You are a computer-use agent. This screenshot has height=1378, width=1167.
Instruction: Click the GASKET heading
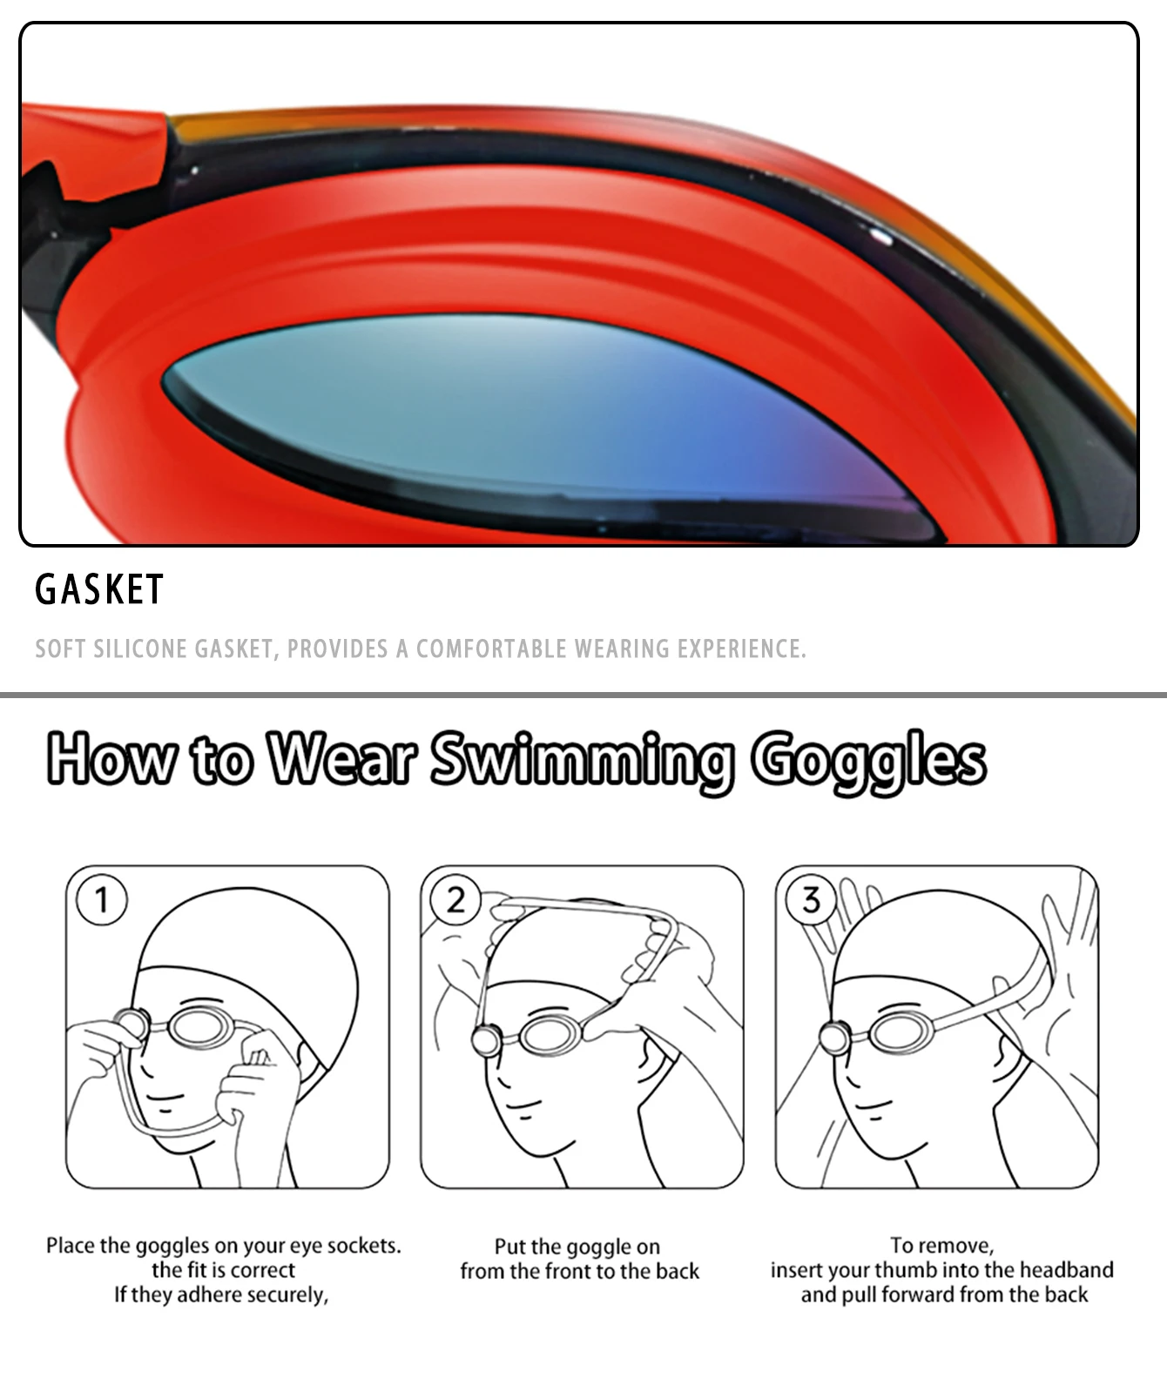(x=99, y=589)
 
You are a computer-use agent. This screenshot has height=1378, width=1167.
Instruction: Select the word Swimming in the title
(x=580, y=759)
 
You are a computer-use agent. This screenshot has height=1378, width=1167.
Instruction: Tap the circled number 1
(x=102, y=899)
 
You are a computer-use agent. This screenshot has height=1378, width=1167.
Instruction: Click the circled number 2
(x=456, y=899)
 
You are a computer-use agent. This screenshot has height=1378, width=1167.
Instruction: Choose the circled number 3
(x=811, y=899)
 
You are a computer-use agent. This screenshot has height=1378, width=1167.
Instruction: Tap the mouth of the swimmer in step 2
(x=525, y=1106)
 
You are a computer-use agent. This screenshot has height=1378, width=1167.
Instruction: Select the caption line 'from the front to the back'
(x=579, y=1271)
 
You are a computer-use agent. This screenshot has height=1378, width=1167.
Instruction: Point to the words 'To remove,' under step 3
(x=941, y=1246)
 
